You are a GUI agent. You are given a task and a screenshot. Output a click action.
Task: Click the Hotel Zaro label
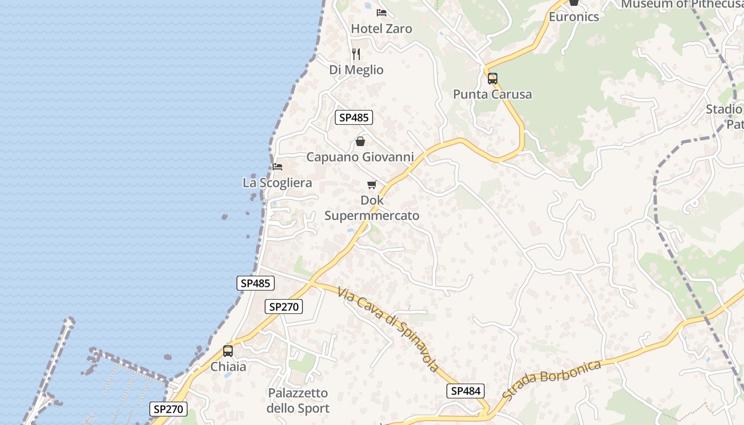[x=382, y=29]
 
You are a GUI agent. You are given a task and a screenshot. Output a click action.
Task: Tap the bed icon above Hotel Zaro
[x=382, y=12]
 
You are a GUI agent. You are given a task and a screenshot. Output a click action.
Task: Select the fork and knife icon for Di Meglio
[x=356, y=54]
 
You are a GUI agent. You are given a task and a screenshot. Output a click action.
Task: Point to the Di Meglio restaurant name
[x=356, y=70]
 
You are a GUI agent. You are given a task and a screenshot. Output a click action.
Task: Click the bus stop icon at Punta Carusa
[x=493, y=79]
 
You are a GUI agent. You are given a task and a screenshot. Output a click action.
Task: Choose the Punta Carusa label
[x=492, y=95]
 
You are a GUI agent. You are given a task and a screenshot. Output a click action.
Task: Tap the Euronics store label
[x=574, y=17]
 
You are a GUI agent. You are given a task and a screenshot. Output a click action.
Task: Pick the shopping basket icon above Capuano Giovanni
[x=360, y=141]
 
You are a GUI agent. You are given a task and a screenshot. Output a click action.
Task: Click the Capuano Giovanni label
[x=360, y=157]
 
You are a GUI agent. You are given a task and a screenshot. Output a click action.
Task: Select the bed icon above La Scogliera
[x=277, y=167]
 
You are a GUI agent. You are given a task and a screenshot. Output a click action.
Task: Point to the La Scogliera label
[x=277, y=183]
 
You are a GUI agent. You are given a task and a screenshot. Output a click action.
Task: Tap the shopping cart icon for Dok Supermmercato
[x=372, y=185]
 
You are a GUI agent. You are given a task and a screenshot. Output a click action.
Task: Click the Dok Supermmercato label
[x=372, y=208]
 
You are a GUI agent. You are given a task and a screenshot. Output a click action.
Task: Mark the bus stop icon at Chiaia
[x=228, y=351]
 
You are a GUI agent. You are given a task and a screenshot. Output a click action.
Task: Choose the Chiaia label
[x=229, y=367]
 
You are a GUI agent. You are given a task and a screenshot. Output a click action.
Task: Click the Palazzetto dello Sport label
[x=298, y=401]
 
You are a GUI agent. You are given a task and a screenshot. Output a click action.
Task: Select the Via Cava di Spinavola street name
[x=388, y=329]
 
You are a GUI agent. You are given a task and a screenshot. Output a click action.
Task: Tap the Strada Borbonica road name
[x=552, y=380]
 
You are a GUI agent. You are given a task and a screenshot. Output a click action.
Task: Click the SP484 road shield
[x=466, y=391]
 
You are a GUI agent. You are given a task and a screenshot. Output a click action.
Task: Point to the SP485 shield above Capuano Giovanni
[x=354, y=117]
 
